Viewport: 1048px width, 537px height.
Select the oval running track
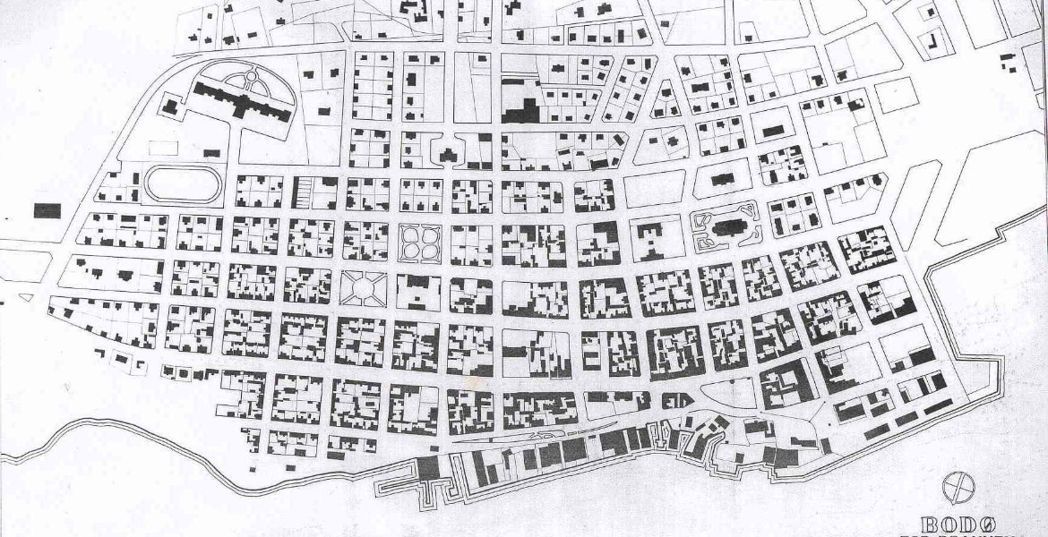[x=185, y=183]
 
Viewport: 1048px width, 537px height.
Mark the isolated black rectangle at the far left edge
[x=47, y=211]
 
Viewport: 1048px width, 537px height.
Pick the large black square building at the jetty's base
[x=428, y=467]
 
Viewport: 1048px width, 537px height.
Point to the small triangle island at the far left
[x=25, y=296]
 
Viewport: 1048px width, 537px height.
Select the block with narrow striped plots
[x=305, y=192]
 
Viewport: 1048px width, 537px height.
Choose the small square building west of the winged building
[x=170, y=107]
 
